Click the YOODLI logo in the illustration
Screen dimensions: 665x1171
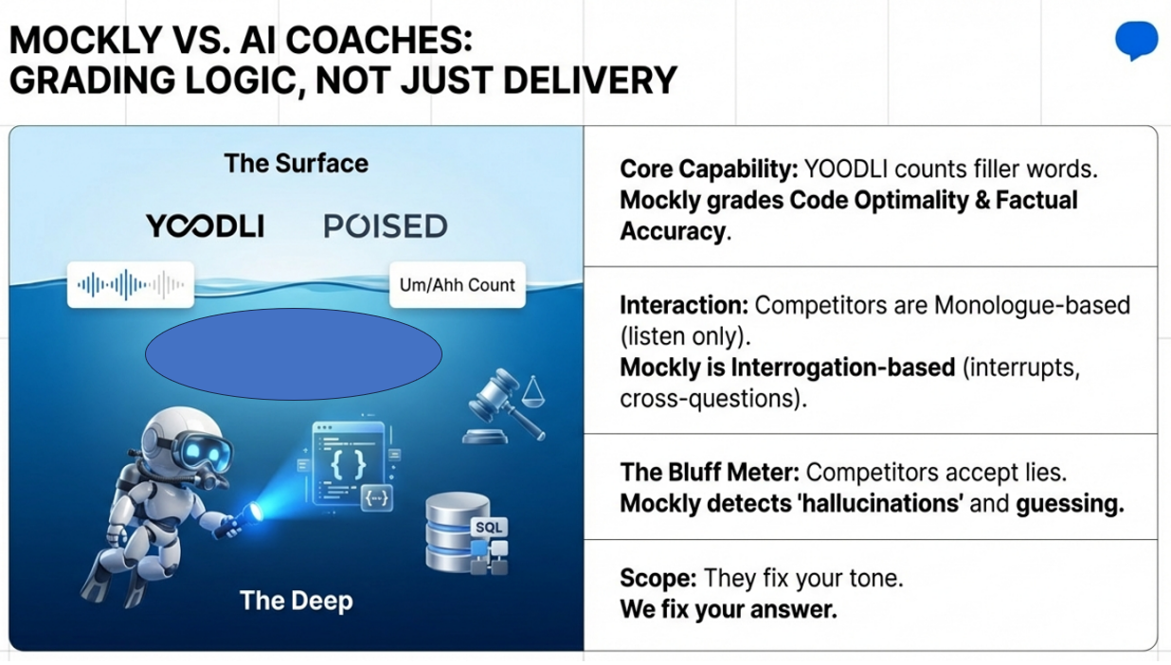(x=205, y=226)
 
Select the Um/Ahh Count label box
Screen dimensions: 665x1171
(x=457, y=284)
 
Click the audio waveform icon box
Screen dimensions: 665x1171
(x=131, y=284)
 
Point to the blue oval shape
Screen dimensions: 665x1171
(x=293, y=353)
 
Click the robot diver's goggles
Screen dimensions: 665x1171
(x=203, y=451)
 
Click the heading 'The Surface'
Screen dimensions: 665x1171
(x=296, y=163)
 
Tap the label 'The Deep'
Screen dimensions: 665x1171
(x=296, y=601)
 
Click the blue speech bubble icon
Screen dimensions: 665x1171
(x=1136, y=40)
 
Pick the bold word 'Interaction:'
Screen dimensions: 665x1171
(x=684, y=306)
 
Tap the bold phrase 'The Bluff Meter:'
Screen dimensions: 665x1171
(x=710, y=472)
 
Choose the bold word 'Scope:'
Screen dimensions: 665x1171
(x=658, y=578)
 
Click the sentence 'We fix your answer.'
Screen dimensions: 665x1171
(x=729, y=609)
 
